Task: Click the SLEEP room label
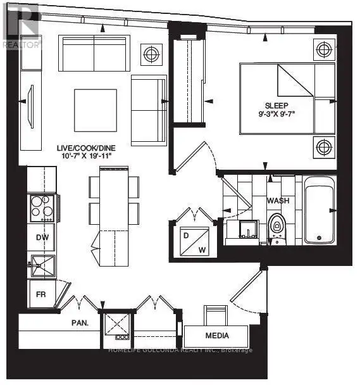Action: pyautogui.click(x=276, y=106)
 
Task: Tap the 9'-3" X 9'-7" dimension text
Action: pyautogui.click(x=276, y=114)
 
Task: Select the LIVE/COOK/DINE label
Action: pyautogui.click(x=86, y=148)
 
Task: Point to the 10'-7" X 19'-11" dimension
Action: pyautogui.click(x=87, y=156)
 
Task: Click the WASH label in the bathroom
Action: pyautogui.click(x=278, y=201)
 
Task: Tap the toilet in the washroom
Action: pyautogui.click(x=277, y=229)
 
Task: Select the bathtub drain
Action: pyautogui.click(x=319, y=237)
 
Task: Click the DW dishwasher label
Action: pyautogui.click(x=42, y=237)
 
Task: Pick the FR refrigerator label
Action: pyautogui.click(x=40, y=294)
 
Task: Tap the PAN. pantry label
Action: pyautogui.click(x=80, y=323)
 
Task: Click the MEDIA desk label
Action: pyautogui.click(x=217, y=336)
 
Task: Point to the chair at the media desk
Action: pyautogui.click(x=216, y=315)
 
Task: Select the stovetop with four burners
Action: pyautogui.click(x=42, y=208)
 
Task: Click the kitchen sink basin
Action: pyautogui.click(x=43, y=265)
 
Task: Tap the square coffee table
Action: pyautogui.click(x=96, y=110)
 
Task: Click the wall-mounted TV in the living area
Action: pyautogui.click(x=31, y=106)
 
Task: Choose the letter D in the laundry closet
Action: pyautogui.click(x=186, y=236)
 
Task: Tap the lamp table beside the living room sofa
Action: pyautogui.click(x=151, y=54)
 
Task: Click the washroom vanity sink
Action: pyautogui.click(x=248, y=229)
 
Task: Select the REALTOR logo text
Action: pyautogui.click(x=21, y=45)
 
